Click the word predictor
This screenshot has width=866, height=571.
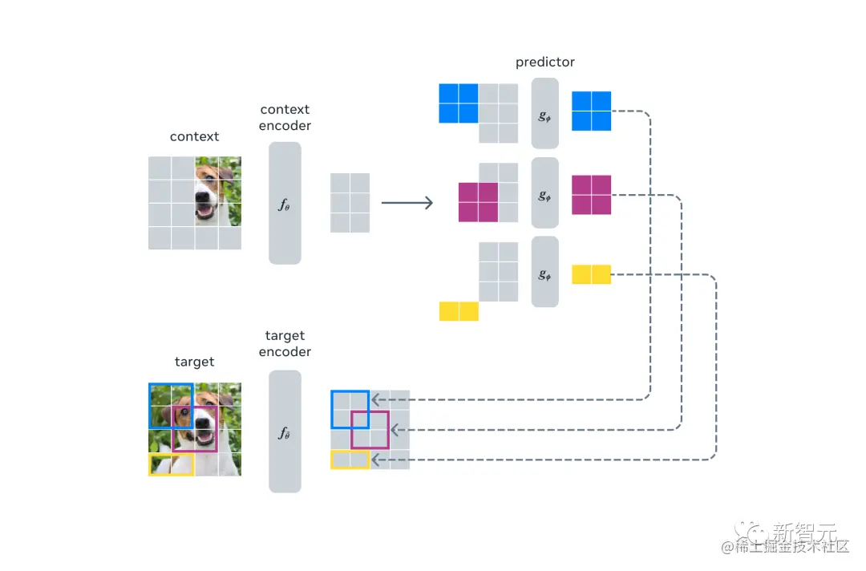click(x=544, y=62)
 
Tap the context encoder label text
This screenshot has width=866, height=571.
click(x=285, y=117)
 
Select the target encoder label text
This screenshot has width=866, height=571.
click(x=285, y=343)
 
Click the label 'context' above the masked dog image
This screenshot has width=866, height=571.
click(x=194, y=136)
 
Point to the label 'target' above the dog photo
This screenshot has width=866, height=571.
click(x=194, y=362)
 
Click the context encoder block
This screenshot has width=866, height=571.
click(x=285, y=203)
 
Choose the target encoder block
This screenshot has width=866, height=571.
click(x=285, y=431)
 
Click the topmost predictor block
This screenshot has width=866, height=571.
click(x=544, y=113)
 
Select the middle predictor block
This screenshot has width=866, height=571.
click(x=544, y=192)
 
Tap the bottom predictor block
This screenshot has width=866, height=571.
click(x=544, y=272)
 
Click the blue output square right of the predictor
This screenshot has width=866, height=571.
click(x=591, y=111)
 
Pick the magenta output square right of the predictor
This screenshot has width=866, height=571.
click(x=591, y=195)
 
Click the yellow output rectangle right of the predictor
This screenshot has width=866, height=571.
click(x=591, y=274)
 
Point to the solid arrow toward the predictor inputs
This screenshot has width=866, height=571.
click(x=407, y=203)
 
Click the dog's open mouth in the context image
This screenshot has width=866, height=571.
click(x=207, y=211)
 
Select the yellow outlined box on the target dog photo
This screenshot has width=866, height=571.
click(x=171, y=464)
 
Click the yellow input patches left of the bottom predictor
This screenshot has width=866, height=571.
click(x=459, y=311)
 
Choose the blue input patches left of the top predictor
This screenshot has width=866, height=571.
click(x=459, y=103)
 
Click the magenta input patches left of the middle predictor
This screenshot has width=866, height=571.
click(x=478, y=202)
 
